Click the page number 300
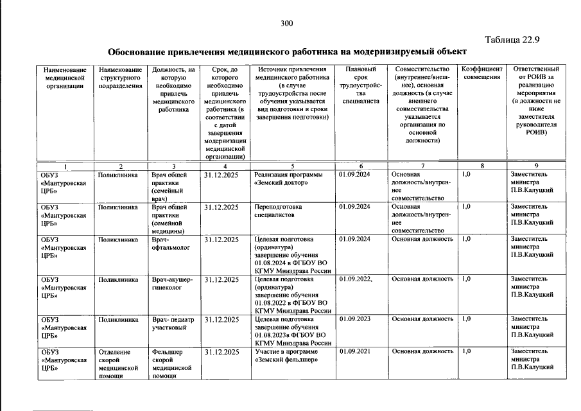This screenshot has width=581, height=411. (286, 24)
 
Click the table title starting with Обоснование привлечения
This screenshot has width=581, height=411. (287, 51)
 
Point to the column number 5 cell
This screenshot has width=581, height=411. (292, 166)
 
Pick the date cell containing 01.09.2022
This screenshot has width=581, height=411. (355, 279)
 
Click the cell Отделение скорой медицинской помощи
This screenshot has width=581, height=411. (118, 364)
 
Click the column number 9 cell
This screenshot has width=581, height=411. (535, 166)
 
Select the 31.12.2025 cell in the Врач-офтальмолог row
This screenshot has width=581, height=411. (221, 240)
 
